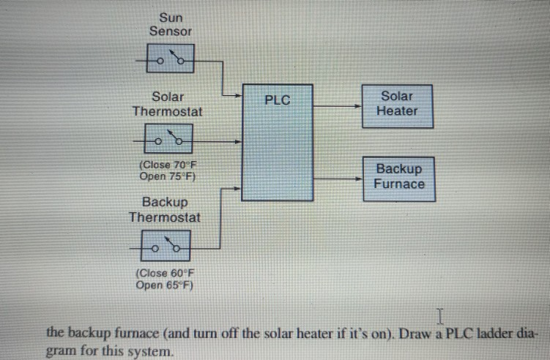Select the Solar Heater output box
pyautogui.click(x=397, y=104)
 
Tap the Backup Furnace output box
pyautogui.click(x=399, y=177)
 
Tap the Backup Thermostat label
pyautogui.click(x=165, y=209)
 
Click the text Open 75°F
pyautogui.click(x=166, y=176)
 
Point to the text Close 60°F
pyautogui.click(x=165, y=274)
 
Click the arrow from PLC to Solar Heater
pyautogui.click(x=337, y=105)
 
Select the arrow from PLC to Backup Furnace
pyautogui.click(x=337, y=178)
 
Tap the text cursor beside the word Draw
pyautogui.click(x=440, y=316)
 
